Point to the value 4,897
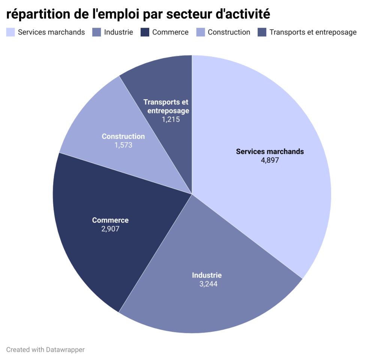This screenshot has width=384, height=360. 270,160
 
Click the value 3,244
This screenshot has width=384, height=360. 208,284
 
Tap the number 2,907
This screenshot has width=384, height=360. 110,229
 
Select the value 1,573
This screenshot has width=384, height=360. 123,145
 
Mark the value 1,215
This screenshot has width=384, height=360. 171,120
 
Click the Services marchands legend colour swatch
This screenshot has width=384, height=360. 10,32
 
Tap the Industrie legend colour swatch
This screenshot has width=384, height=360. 97,32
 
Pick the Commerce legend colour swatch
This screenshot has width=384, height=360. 145,32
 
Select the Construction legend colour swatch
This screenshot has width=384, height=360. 200,32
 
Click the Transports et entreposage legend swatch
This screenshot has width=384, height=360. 262,32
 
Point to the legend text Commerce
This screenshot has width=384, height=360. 170,32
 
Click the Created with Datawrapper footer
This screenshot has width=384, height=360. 45,350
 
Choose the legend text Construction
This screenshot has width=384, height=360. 229,32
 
